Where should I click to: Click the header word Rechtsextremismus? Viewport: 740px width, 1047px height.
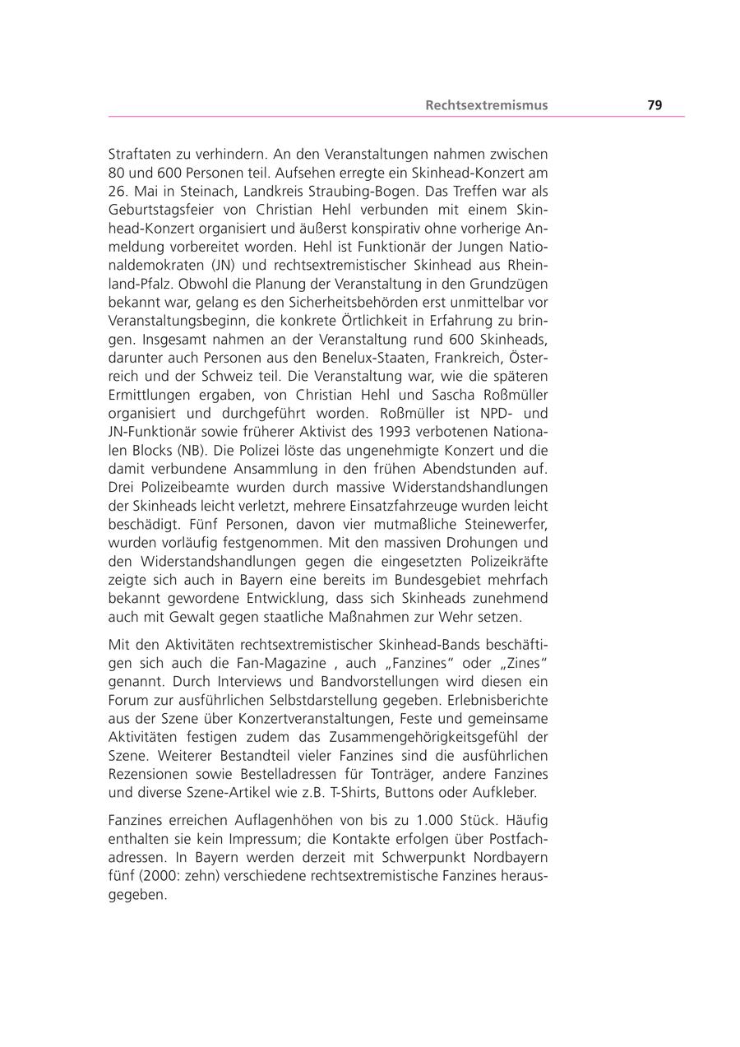tap(486, 105)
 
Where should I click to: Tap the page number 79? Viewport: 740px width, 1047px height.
tap(654, 105)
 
